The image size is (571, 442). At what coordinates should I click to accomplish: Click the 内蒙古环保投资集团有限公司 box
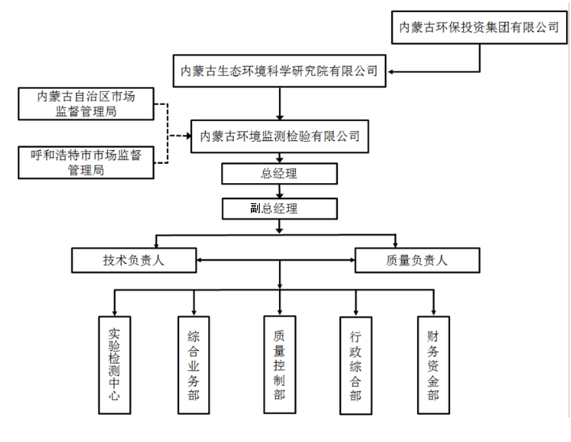pos(480,27)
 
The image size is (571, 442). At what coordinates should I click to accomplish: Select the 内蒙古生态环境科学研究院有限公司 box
pos(280,70)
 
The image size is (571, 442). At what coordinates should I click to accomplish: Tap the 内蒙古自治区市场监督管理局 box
pos(86,104)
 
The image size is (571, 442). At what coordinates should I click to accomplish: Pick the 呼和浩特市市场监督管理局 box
pos(86,162)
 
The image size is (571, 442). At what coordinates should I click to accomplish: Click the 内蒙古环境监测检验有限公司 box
pos(280,136)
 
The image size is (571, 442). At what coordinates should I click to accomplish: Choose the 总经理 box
pos(280,173)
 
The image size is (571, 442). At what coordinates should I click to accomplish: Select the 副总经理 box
pos(280,208)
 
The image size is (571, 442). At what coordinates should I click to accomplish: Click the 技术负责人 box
pos(134,261)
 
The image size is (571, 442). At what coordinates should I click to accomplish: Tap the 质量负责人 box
pos(417,261)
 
